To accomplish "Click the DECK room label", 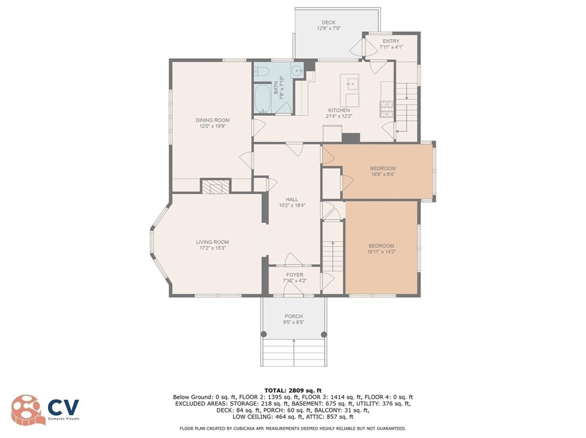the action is [328, 23].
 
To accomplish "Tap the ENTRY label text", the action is [391, 41].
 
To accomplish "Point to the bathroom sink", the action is [298, 70].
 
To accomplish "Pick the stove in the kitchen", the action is [387, 109].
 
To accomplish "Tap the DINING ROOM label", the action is [213, 120].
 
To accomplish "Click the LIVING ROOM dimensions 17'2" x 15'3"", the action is [212, 248].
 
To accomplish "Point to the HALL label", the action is [292, 199].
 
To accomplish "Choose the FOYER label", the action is [295, 274].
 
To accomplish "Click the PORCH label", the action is [294, 316].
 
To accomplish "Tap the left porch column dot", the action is [264, 334].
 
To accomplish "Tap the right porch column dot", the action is [324, 335].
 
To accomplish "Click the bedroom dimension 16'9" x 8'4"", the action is [383, 174].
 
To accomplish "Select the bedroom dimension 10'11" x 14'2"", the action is [381, 251].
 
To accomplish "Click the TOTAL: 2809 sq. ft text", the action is [293, 391].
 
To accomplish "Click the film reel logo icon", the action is [25, 410].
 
